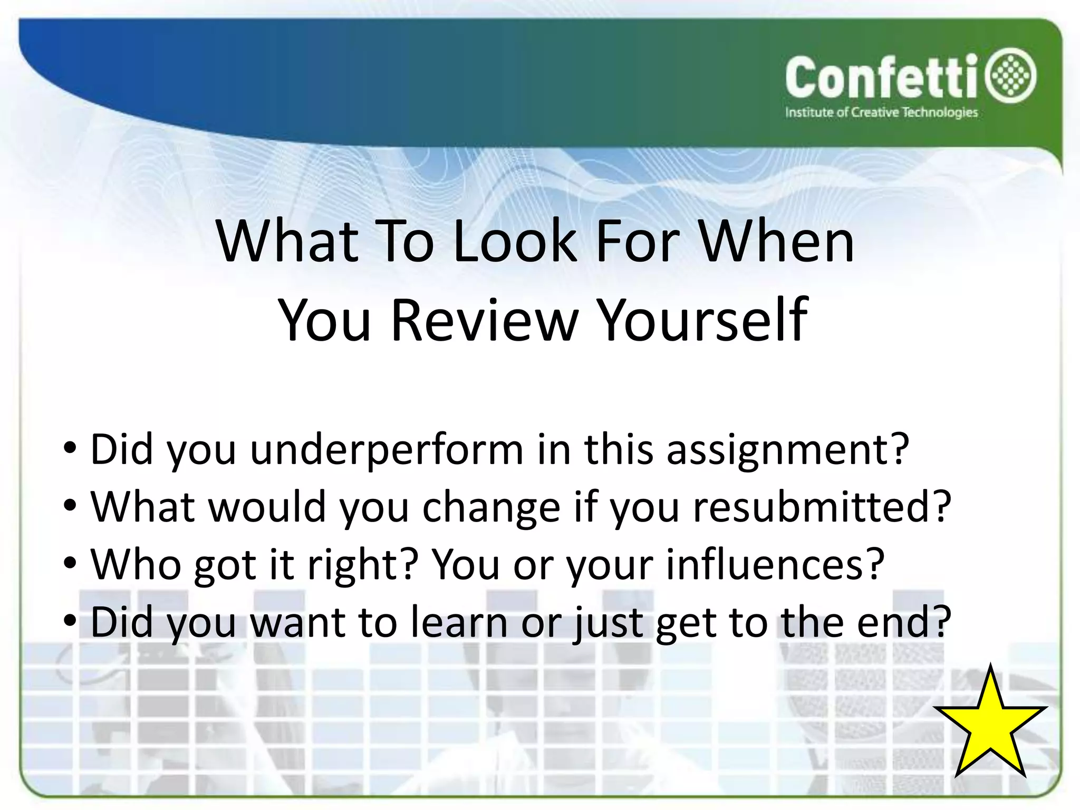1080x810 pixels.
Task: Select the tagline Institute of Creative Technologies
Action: click(881, 112)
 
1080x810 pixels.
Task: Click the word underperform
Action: click(387, 450)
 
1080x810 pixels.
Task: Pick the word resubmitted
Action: click(821, 507)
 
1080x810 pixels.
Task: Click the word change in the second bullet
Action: click(491, 508)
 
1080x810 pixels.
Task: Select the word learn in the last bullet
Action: click(459, 622)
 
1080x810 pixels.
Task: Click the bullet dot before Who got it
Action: click(70, 563)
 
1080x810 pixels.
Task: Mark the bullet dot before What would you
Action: click(70, 506)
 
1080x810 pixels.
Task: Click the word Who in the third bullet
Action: click(136, 564)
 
